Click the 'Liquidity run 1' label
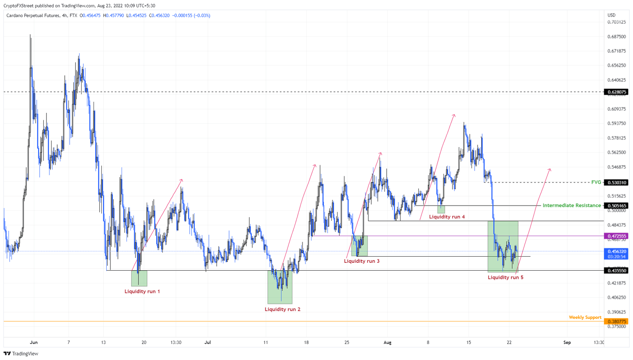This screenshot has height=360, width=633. (142, 291)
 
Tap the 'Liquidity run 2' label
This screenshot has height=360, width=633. (282, 309)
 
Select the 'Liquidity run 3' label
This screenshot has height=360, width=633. (361, 261)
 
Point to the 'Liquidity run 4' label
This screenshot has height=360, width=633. (447, 217)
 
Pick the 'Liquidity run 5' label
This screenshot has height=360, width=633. (505, 277)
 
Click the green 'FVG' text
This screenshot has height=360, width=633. (596, 182)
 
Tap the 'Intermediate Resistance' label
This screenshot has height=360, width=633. (572, 205)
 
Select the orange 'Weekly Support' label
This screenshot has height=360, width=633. (585, 317)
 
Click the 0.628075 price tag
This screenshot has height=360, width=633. (616, 92)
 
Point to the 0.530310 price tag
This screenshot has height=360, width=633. (616, 182)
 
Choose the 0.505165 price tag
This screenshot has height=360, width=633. (616, 206)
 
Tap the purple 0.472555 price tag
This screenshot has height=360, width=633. (616, 236)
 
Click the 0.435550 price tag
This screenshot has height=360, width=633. (616, 270)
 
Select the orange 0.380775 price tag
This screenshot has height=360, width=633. (616, 321)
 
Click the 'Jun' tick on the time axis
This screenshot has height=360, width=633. (34, 342)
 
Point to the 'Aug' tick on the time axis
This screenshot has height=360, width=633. (387, 342)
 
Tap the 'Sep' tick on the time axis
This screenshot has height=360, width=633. (567, 342)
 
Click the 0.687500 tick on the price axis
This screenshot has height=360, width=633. (617, 37)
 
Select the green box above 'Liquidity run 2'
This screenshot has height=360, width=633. (280, 287)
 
